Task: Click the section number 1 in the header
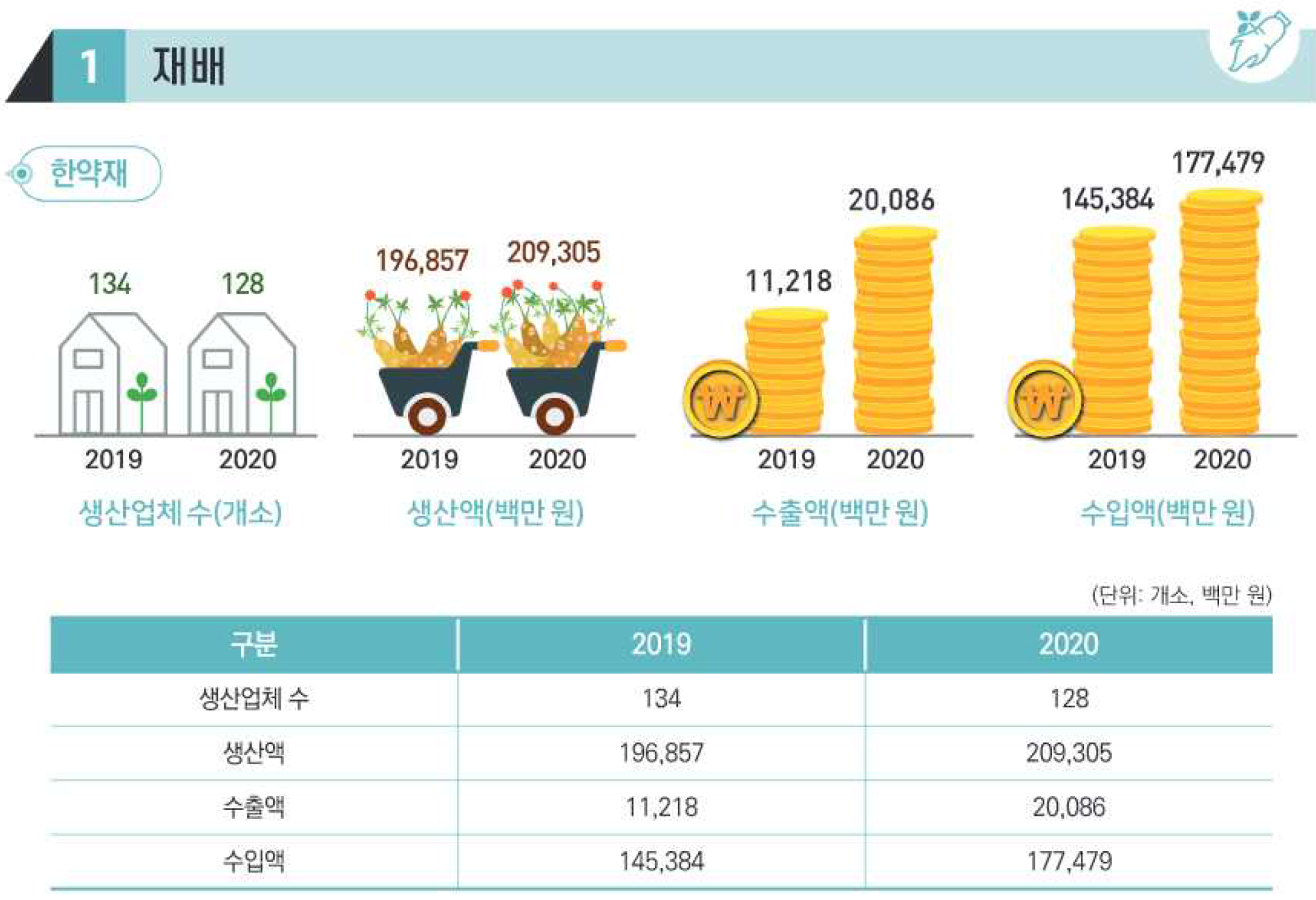89,66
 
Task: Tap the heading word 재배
189,66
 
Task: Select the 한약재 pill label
89,173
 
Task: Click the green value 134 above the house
109,284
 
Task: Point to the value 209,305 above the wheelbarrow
553,252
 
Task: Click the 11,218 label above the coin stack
788,281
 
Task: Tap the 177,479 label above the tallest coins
1218,163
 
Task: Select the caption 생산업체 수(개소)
181,513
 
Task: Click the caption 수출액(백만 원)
840,513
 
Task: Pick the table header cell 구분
254,644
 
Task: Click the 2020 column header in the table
1069,644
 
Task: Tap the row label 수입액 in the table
254,861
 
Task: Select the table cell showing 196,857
661,753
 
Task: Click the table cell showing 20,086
1069,807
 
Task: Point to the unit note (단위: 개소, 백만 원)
1181,596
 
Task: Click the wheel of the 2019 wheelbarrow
427,416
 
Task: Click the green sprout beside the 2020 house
271,389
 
